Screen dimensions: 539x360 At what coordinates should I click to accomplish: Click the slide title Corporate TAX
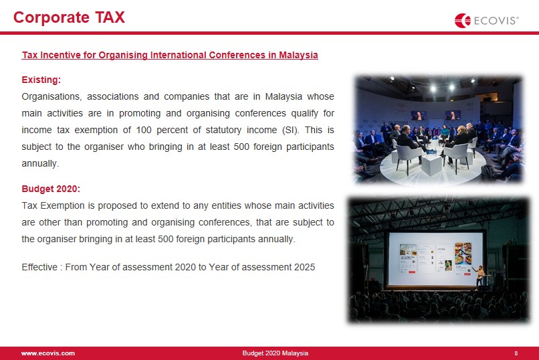pyautogui.click(x=69, y=17)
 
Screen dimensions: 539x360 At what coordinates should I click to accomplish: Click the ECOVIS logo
pyautogui.click(x=486, y=21)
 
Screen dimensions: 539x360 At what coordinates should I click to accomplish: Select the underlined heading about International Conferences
pyautogui.click(x=170, y=55)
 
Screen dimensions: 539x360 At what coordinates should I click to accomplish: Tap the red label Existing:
pyautogui.click(x=41, y=80)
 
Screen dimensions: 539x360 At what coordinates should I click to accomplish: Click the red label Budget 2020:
pyautogui.click(x=51, y=189)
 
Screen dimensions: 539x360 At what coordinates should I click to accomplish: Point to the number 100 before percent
pyautogui.click(x=144, y=130)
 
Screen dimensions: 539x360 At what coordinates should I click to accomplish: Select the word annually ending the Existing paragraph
pyautogui.click(x=40, y=163)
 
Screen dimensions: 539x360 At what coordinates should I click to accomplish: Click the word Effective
pyautogui.click(x=39, y=267)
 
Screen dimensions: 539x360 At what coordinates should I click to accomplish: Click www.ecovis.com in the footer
pyautogui.click(x=48, y=353)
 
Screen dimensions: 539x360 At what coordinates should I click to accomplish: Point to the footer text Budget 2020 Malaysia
pyautogui.click(x=276, y=353)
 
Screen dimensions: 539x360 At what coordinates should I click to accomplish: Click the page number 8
pyautogui.click(x=516, y=353)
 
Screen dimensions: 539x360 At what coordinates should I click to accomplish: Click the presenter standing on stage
pyautogui.click(x=479, y=276)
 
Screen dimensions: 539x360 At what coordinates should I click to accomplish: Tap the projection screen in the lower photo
pyautogui.click(x=435, y=259)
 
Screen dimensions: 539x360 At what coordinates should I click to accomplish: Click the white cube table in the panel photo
pyautogui.click(x=431, y=165)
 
